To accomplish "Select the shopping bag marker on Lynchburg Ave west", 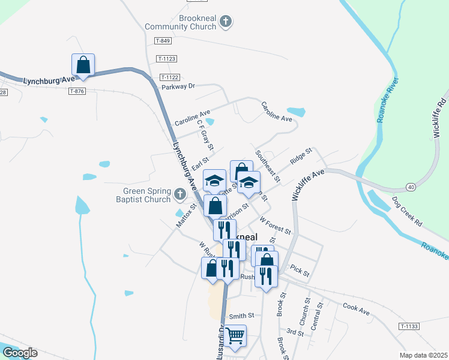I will point(83,65).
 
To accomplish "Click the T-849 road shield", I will point(163,41).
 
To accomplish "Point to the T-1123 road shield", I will point(166,59).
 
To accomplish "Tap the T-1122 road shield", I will point(170,77).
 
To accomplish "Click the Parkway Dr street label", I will point(179,86).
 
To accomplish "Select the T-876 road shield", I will point(77,91).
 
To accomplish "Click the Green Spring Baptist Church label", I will point(143,196).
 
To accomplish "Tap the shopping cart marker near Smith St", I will point(235,335).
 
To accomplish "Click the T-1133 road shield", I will point(408,326).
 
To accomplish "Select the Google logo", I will point(20,353).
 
